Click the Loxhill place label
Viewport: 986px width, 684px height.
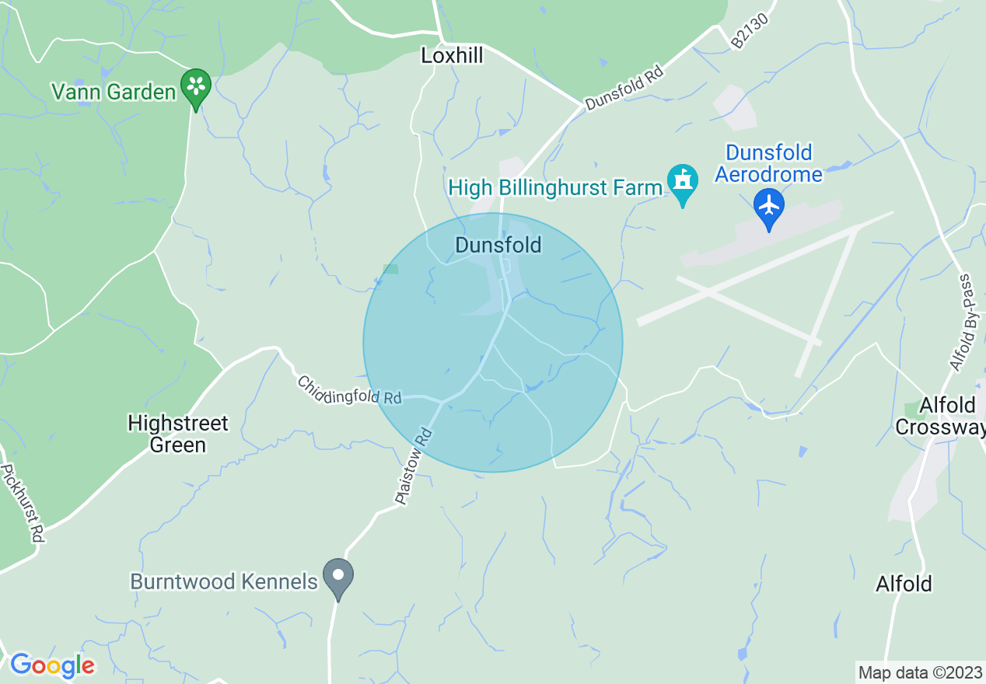coord(452,55)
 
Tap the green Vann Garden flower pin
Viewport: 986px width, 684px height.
coord(196,87)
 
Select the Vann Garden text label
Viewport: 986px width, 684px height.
coord(114,92)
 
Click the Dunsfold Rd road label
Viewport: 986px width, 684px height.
coord(625,91)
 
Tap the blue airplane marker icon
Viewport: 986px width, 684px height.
coord(769,207)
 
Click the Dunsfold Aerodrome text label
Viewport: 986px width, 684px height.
coord(768,163)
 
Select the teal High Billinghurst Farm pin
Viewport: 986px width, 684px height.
coord(683,183)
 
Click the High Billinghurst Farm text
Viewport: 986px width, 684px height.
coord(555,187)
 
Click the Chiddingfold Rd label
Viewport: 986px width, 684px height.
coord(349,391)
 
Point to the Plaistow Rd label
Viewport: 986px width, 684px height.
coord(413,466)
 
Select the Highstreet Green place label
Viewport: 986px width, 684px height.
coord(178,434)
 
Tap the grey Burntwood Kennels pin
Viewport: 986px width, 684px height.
coord(338,577)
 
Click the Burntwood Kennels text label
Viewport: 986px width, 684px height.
coord(224,581)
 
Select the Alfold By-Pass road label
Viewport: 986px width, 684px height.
coord(962,323)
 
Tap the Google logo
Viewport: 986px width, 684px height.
coord(52,665)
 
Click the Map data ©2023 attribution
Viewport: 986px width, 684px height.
coord(918,672)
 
